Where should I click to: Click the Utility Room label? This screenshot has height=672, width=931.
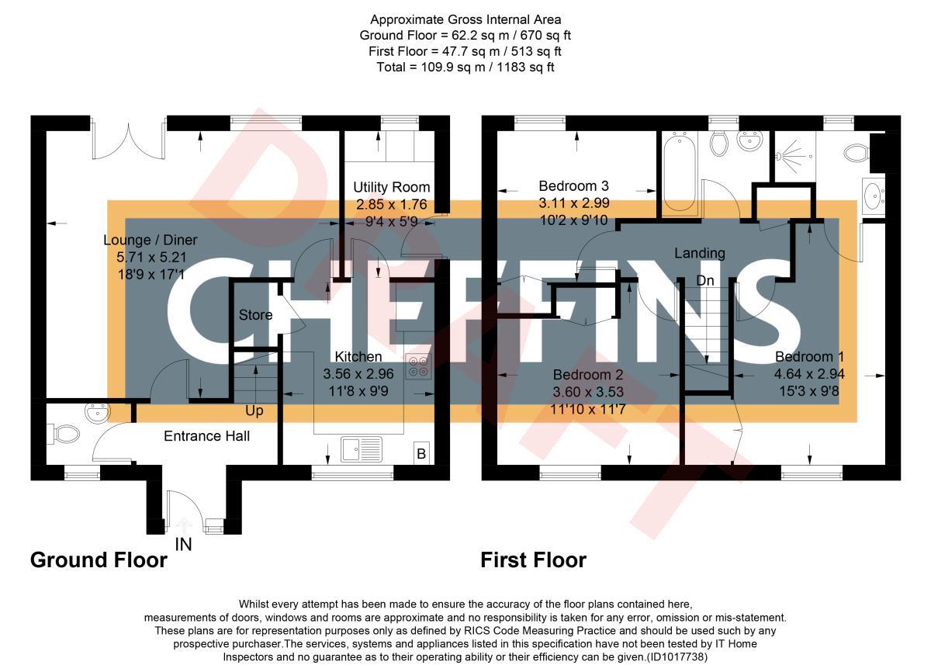point(391,187)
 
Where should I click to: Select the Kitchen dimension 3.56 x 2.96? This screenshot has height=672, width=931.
point(358,374)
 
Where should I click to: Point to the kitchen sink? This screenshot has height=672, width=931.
point(362,449)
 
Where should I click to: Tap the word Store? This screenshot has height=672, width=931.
point(255,315)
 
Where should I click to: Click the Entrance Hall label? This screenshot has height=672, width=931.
point(206,436)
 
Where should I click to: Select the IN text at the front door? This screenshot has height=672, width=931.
point(183,545)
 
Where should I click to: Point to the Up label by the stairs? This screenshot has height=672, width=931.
point(254,410)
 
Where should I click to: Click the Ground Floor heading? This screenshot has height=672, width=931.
point(99,559)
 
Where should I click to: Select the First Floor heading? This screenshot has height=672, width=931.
point(533,559)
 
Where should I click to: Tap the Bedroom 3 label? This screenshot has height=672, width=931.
point(573,186)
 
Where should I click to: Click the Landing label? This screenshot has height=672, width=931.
point(699,253)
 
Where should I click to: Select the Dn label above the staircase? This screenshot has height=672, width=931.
point(704,280)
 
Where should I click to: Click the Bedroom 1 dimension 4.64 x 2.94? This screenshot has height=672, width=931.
point(809,374)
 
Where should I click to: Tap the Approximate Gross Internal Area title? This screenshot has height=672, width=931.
point(465,19)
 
